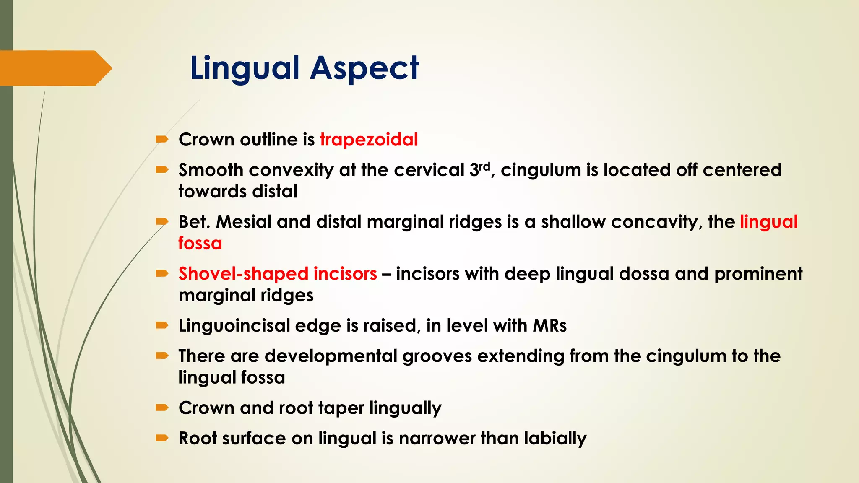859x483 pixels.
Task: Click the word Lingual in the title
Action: click(245, 68)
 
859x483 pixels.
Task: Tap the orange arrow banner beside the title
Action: click(55, 68)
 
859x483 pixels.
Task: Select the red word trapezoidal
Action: click(369, 140)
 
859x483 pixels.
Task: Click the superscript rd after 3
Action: click(484, 166)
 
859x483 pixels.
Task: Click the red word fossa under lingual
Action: click(200, 243)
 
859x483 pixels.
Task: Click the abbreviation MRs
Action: click(549, 326)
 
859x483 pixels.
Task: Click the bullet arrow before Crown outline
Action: click(162, 139)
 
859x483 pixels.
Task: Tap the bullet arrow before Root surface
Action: click(162, 438)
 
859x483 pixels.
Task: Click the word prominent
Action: click(758, 274)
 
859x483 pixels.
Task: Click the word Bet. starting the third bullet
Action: click(194, 222)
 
